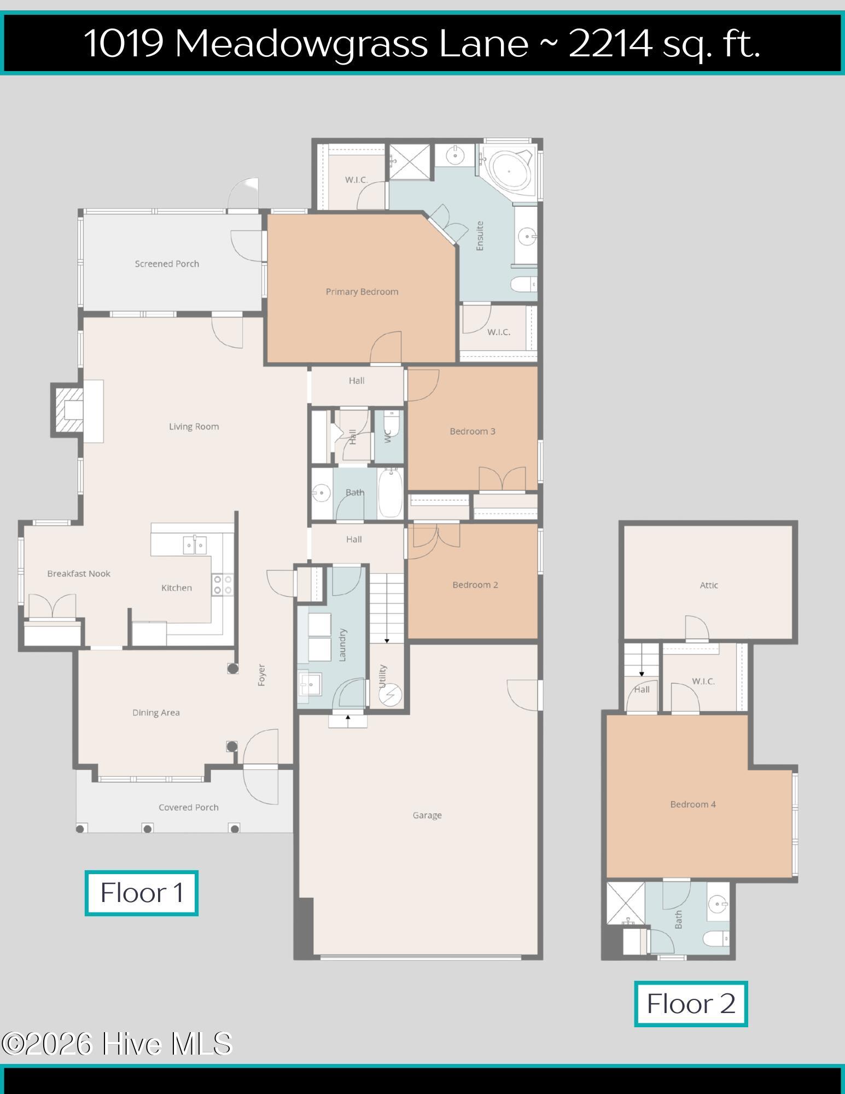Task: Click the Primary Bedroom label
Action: (362, 292)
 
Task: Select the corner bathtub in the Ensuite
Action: (509, 171)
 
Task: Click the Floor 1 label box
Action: (142, 893)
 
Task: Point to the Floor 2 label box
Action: (691, 1004)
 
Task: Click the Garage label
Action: (427, 816)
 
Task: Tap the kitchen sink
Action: (194, 545)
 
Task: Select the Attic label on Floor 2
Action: (709, 585)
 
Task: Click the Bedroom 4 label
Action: (693, 804)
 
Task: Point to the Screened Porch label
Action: (167, 264)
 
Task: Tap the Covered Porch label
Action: (189, 807)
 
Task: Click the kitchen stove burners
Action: (223, 584)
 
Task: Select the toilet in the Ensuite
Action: (524, 284)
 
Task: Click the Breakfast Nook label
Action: (79, 574)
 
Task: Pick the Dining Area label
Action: (156, 713)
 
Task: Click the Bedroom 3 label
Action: (473, 432)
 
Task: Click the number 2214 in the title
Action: (611, 43)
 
